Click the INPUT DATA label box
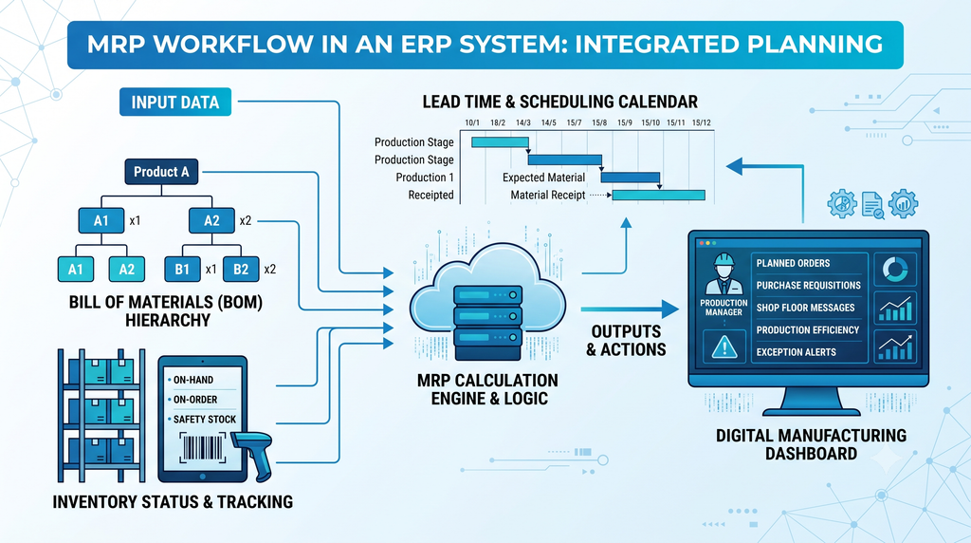coord(175,103)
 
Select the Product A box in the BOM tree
coord(161,172)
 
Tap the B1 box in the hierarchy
coord(182,269)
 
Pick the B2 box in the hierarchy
coord(241,269)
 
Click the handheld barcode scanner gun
coord(255,454)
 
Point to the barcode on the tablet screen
coord(202,447)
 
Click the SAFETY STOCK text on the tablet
coord(205,420)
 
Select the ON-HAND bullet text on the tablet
coord(193,380)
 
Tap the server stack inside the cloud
coord(487,323)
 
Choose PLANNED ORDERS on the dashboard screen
coord(793,264)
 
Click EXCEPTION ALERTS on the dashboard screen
coord(796,353)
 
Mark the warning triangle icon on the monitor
coord(724,347)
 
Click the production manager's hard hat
coord(724,260)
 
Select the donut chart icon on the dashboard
coord(895,270)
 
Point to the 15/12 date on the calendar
coord(701,122)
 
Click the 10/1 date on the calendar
coord(472,122)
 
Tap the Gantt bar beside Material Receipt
coord(659,196)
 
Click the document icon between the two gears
coord(873,205)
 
